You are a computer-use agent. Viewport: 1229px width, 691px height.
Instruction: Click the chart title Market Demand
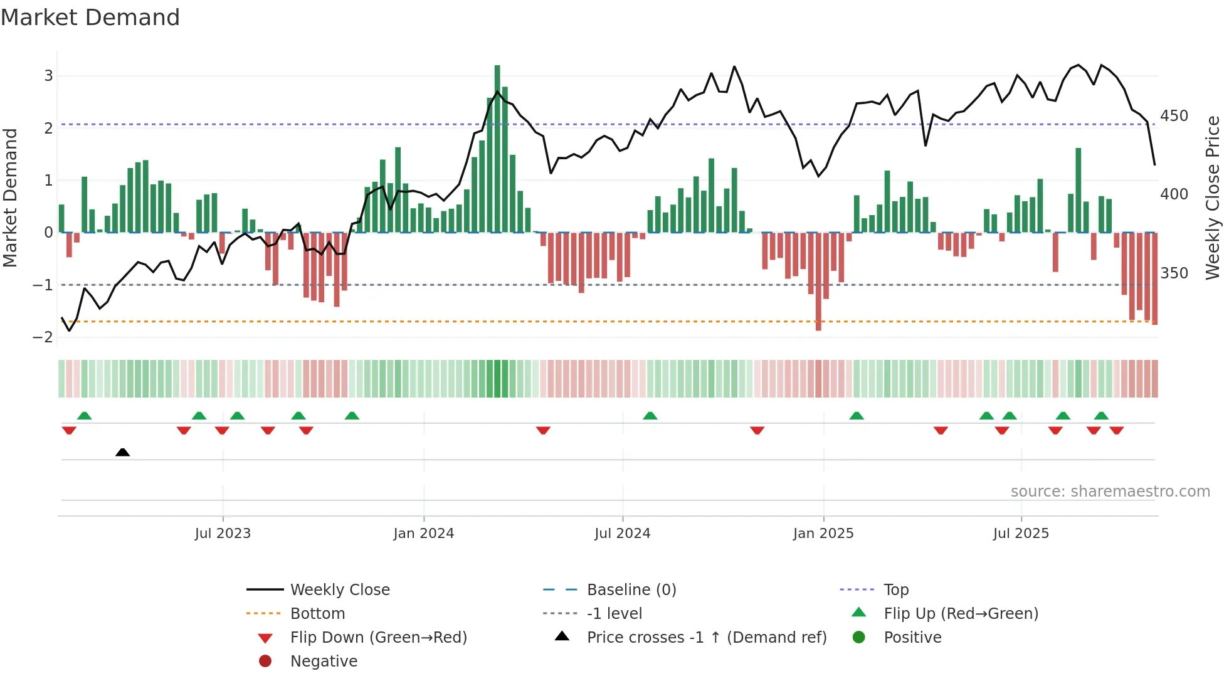click(x=90, y=18)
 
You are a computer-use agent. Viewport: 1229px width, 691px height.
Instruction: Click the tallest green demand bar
click(x=497, y=148)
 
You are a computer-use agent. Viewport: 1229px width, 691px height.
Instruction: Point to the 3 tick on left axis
click(x=48, y=76)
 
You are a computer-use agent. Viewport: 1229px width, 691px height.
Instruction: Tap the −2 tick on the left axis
click(x=43, y=337)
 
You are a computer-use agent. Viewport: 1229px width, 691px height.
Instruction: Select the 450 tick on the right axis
click(x=1174, y=116)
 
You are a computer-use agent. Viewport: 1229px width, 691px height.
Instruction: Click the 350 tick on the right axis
click(x=1174, y=273)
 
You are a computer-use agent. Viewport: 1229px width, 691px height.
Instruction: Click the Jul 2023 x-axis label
click(x=223, y=534)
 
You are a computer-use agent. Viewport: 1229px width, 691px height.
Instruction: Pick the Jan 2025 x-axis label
click(x=823, y=534)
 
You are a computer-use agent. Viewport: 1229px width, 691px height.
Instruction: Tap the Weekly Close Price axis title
click(x=1213, y=198)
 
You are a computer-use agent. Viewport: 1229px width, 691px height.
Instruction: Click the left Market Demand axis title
click(x=10, y=198)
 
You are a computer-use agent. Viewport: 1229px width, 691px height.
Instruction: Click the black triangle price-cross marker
click(x=123, y=452)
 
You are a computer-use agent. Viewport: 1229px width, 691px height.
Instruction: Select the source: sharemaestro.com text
click(x=1110, y=492)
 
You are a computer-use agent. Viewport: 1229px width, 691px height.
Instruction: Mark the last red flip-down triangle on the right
click(x=1117, y=430)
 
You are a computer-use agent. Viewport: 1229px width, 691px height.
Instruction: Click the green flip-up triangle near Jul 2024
click(x=650, y=416)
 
